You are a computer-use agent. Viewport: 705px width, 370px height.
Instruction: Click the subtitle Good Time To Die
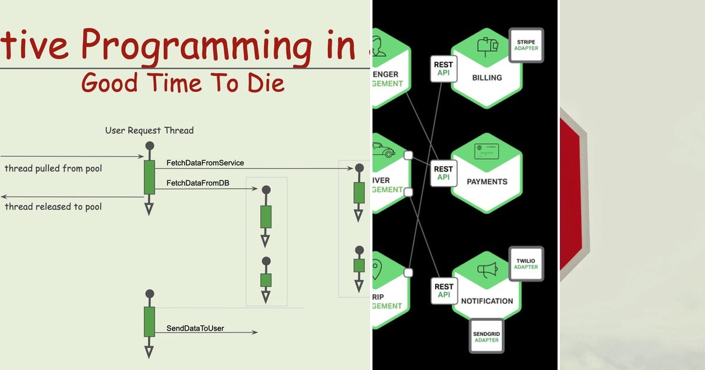pyautogui.click(x=183, y=83)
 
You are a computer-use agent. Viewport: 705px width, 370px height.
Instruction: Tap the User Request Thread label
pyautogui.click(x=149, y=130)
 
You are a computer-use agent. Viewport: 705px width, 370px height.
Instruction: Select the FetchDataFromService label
pyautogui.click(x=205, y=163)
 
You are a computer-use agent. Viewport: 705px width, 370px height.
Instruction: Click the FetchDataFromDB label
pyautogui.click(x=197, y=183)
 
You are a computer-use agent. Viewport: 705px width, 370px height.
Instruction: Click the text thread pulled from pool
pyautogui.click(x=53, y=169)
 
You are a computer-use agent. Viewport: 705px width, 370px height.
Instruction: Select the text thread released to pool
pyautogui.click(x=53, y=207)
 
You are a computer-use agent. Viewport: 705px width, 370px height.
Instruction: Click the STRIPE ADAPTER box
pyautogui.click(x=526, y=45)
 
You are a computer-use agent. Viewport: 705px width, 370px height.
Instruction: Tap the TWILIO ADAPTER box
pyautogui.click(x=526, y=263)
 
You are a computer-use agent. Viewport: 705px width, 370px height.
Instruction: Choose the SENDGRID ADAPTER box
pyautogui.click(x=486, y=337)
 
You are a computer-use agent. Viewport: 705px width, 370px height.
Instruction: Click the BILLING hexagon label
pyautogui.click(x=486, y=78)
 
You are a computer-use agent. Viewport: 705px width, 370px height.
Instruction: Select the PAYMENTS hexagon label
pyautogui.click(x=486, y=181)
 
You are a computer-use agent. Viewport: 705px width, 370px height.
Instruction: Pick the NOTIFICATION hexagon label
pyautogui.click(x=486, y=301)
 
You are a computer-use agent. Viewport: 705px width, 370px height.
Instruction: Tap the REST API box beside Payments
pyautogui.click(x=444, y=173)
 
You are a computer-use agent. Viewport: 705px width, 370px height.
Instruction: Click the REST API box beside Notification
pyautogui.click(x=444, y=291)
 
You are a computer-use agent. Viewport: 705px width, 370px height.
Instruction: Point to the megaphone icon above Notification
pyautogui.click(x=487, y=270)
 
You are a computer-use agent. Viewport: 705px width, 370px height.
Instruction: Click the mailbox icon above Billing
pyautogui.click(x=487, y=46)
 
